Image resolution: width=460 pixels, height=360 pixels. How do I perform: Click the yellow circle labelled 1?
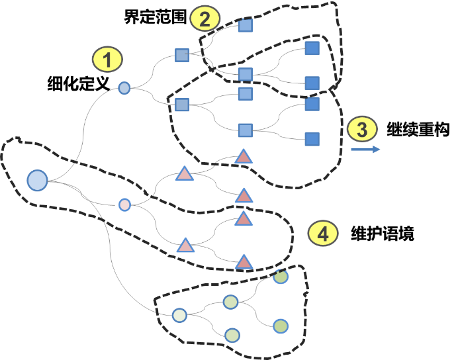point(107,60)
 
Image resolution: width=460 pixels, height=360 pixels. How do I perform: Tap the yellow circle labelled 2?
point(205,19)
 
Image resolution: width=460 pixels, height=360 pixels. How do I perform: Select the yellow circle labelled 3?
point(361,130)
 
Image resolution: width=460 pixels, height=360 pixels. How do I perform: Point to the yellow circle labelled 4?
point(323,233)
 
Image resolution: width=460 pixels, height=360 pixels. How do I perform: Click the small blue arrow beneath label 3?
point(365,150)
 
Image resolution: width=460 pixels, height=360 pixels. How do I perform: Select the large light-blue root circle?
point(38,180)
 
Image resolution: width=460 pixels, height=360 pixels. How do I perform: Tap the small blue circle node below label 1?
point(124,87)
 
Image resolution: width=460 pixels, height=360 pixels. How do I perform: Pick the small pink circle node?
point(124,204)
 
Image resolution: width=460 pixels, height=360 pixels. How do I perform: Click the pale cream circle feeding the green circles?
point(179,315)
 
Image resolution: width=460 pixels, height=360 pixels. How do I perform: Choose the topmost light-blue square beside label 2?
point(245,26)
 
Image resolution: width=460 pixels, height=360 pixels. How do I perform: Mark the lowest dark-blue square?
point(312,139)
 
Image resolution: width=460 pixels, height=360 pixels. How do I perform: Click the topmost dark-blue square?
point(312,48)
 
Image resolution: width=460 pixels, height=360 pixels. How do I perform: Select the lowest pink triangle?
point(244,262)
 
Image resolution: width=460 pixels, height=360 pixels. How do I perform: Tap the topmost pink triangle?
point(244,157)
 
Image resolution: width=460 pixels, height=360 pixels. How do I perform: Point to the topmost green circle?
point(281,277)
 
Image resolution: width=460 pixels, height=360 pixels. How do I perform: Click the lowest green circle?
point(232,335)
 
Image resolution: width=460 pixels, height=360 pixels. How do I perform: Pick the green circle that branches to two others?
point(230,302)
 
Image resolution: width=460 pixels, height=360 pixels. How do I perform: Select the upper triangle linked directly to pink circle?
point(184,174)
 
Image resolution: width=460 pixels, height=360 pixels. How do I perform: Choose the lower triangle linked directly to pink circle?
point(185,246)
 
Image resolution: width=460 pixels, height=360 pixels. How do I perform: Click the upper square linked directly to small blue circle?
point(182,56)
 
